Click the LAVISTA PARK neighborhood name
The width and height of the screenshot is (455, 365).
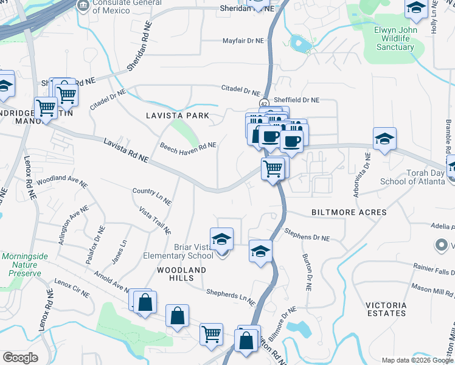coord(178,116)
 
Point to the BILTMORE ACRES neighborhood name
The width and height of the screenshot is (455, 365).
coord(349,212)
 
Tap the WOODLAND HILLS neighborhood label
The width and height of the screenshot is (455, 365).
coord(182,274)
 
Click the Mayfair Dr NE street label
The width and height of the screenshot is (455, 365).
coord(242,41)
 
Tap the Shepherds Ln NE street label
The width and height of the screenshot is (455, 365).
coord(230,298)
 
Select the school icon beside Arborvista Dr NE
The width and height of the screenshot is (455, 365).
coord(384,138)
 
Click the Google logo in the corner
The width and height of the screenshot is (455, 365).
coord(21,358)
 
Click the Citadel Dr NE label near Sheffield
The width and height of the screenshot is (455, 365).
coord(240,90)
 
